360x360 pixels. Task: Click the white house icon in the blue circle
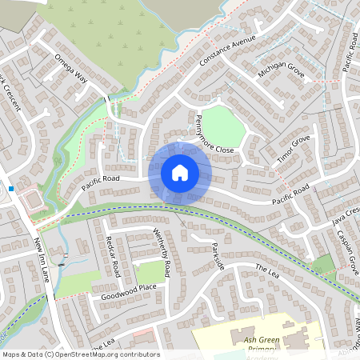[179, 173]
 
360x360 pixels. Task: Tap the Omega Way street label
[70, 69]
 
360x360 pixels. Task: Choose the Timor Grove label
[293, 150]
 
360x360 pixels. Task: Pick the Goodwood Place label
[129, 291]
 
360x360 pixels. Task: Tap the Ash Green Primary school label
[261, 344]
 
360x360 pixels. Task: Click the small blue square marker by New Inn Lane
[11, 189]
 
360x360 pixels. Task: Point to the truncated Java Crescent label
[347, 214]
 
